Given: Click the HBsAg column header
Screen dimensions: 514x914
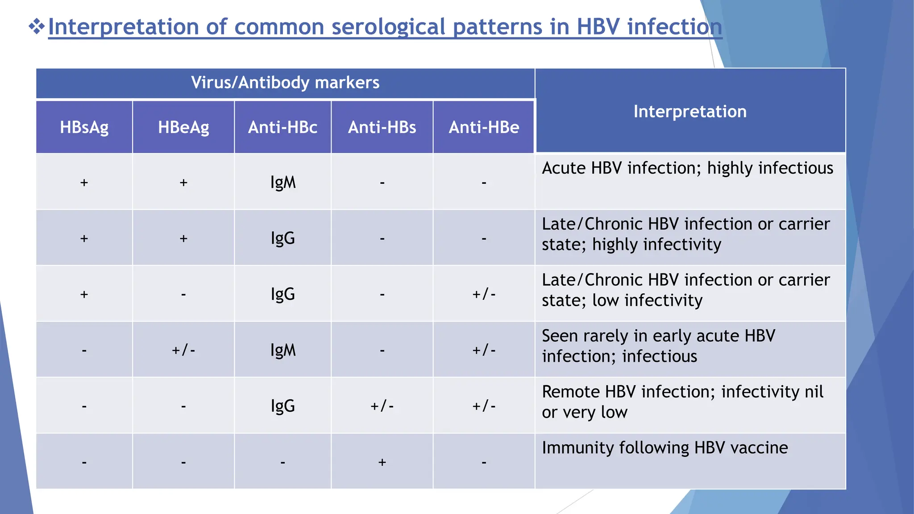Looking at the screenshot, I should tap(84, 128).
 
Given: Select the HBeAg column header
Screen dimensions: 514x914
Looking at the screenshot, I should tap(183, 128).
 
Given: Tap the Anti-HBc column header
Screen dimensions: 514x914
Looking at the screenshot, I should tap(283, 128).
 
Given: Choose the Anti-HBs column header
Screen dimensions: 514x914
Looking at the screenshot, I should tap(382, 128).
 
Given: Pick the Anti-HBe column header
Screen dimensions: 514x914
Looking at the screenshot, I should tap(484, 128).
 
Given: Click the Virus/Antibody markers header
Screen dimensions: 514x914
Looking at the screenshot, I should tap(285, 83).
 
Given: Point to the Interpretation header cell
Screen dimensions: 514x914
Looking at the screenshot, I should tap(690, 112).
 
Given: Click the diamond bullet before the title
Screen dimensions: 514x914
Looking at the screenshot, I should tap(37, 27).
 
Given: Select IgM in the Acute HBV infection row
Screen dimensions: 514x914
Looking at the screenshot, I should tap(283, 182).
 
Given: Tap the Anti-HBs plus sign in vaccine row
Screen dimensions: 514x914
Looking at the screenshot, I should tap(382, 462).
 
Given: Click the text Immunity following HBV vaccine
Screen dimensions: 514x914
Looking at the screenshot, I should tap(665, 448).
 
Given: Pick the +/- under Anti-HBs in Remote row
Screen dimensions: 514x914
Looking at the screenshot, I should tap(382, 406).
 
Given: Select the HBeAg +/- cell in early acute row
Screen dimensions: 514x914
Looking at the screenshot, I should tap(183, 350).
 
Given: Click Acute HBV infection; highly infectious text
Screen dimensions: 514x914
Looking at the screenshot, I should tap(687, 168).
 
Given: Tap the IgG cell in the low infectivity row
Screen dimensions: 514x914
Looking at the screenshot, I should tap(283, 294).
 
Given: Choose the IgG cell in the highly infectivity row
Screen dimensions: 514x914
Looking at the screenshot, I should tap(283, 238).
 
